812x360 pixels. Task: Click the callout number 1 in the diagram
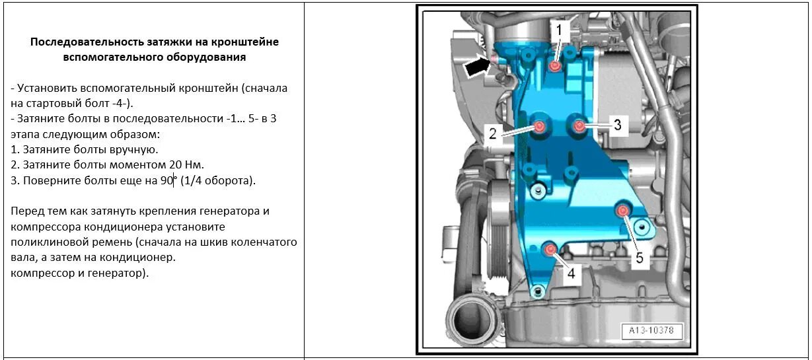pyautogui.click(x=559, y=30)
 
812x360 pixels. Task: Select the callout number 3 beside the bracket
pyautogui.click(x=617, y=125)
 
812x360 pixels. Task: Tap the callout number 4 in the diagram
pyautogui.click(x=570, y=272)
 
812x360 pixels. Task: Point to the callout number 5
pyautogui.click(x=639, y=257)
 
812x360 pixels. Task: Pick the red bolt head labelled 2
pyautogui.click(x=540, y=126)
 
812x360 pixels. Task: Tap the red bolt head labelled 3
pyautogui.click(x=579, y=125)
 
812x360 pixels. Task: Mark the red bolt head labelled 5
pyautogui.click(x=622, y=210)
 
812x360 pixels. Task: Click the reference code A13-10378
pyautogui.click(x=651, y=330)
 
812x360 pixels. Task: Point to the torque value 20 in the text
pyautogui.click(x=175, y=164)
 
